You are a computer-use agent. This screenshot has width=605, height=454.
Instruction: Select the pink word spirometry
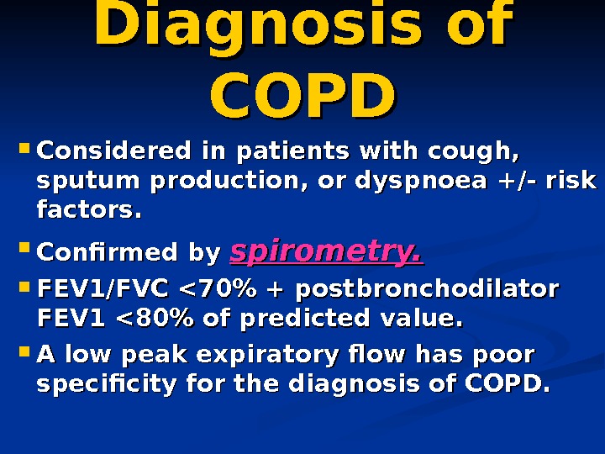point(326,251)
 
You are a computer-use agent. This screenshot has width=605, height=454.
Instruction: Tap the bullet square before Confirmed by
point(23,250)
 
